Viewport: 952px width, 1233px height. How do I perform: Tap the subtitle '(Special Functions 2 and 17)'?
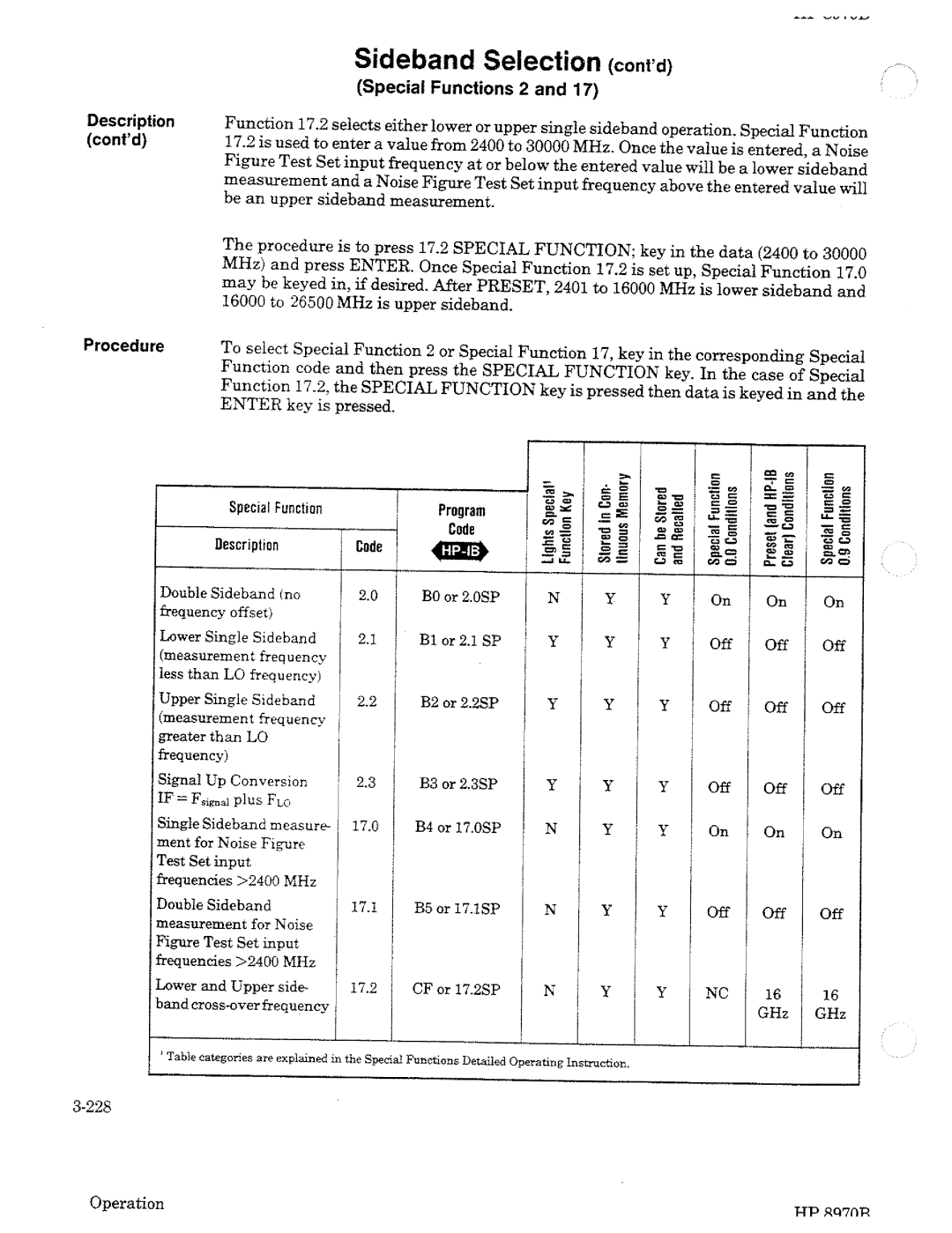click(x=477, y=89)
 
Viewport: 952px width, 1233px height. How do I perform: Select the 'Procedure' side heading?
click(x=124, y=345)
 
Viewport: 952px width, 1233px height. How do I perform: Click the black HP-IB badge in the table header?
click(x=459, y=553)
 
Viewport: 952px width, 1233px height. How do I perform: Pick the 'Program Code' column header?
click(x=461, y=520)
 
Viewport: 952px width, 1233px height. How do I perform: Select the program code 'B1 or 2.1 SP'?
click(x=459, y=641)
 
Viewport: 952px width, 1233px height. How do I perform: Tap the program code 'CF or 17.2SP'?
click(x=456, y=989)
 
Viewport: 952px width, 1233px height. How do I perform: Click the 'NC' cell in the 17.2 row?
click(x=717, y=992)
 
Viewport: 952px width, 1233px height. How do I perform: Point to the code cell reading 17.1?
click(x=364, y=906)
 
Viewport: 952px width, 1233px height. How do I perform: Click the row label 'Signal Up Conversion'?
click(x=233, y=781)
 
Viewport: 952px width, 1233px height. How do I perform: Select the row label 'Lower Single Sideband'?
click(x=237, y=637)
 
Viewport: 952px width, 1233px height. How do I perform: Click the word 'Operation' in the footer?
click(x=127, y=1203)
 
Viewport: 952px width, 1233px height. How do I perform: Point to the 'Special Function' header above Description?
click(x=275, y=508)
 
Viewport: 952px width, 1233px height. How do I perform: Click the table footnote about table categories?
click(x=395, y=1061)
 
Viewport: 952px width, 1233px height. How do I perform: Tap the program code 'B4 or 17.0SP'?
click(x=457, y=828)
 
